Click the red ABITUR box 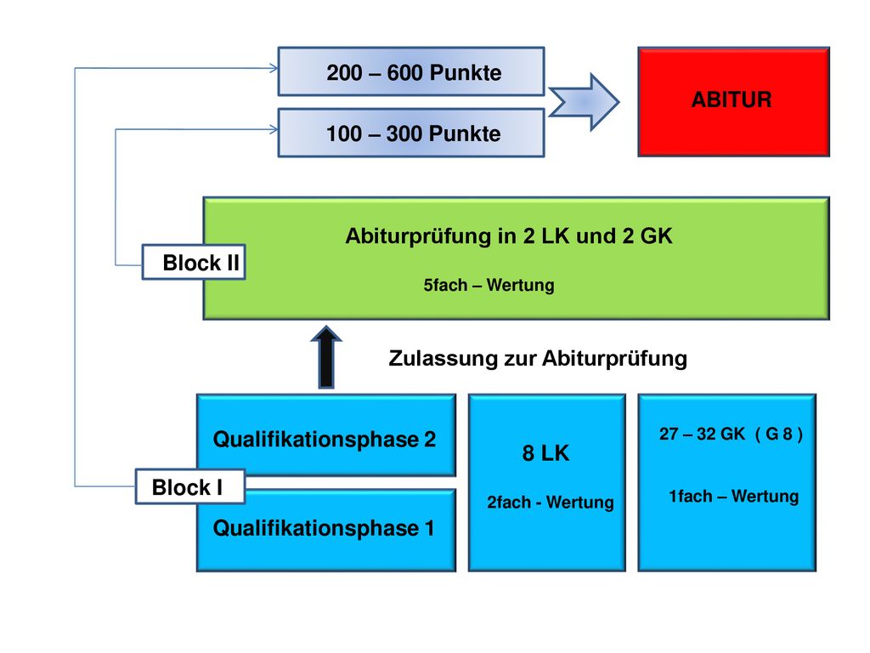pos(733,102)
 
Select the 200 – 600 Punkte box pos(411,71)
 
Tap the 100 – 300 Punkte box pos(411,133)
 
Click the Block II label pos(194,262)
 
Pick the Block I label pos(190,486)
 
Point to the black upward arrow pos(326,357)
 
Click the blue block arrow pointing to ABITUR pos(584,102)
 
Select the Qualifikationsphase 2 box pos(326,435)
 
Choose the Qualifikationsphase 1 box pos(326,531)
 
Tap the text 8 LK pos(545,453)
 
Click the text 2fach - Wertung pos(551,502)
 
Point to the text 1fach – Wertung pos(733,496)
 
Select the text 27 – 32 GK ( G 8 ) pos(731,434)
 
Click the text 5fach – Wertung pos(489,285)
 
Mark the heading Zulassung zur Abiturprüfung pos(538,359)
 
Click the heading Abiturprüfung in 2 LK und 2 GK pos(509,236)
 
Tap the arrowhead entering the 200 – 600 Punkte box pos(274,68)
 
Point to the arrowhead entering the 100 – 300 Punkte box pos(274,129)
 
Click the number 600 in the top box pos(404,73)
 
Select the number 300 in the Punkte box pos(404,133)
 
